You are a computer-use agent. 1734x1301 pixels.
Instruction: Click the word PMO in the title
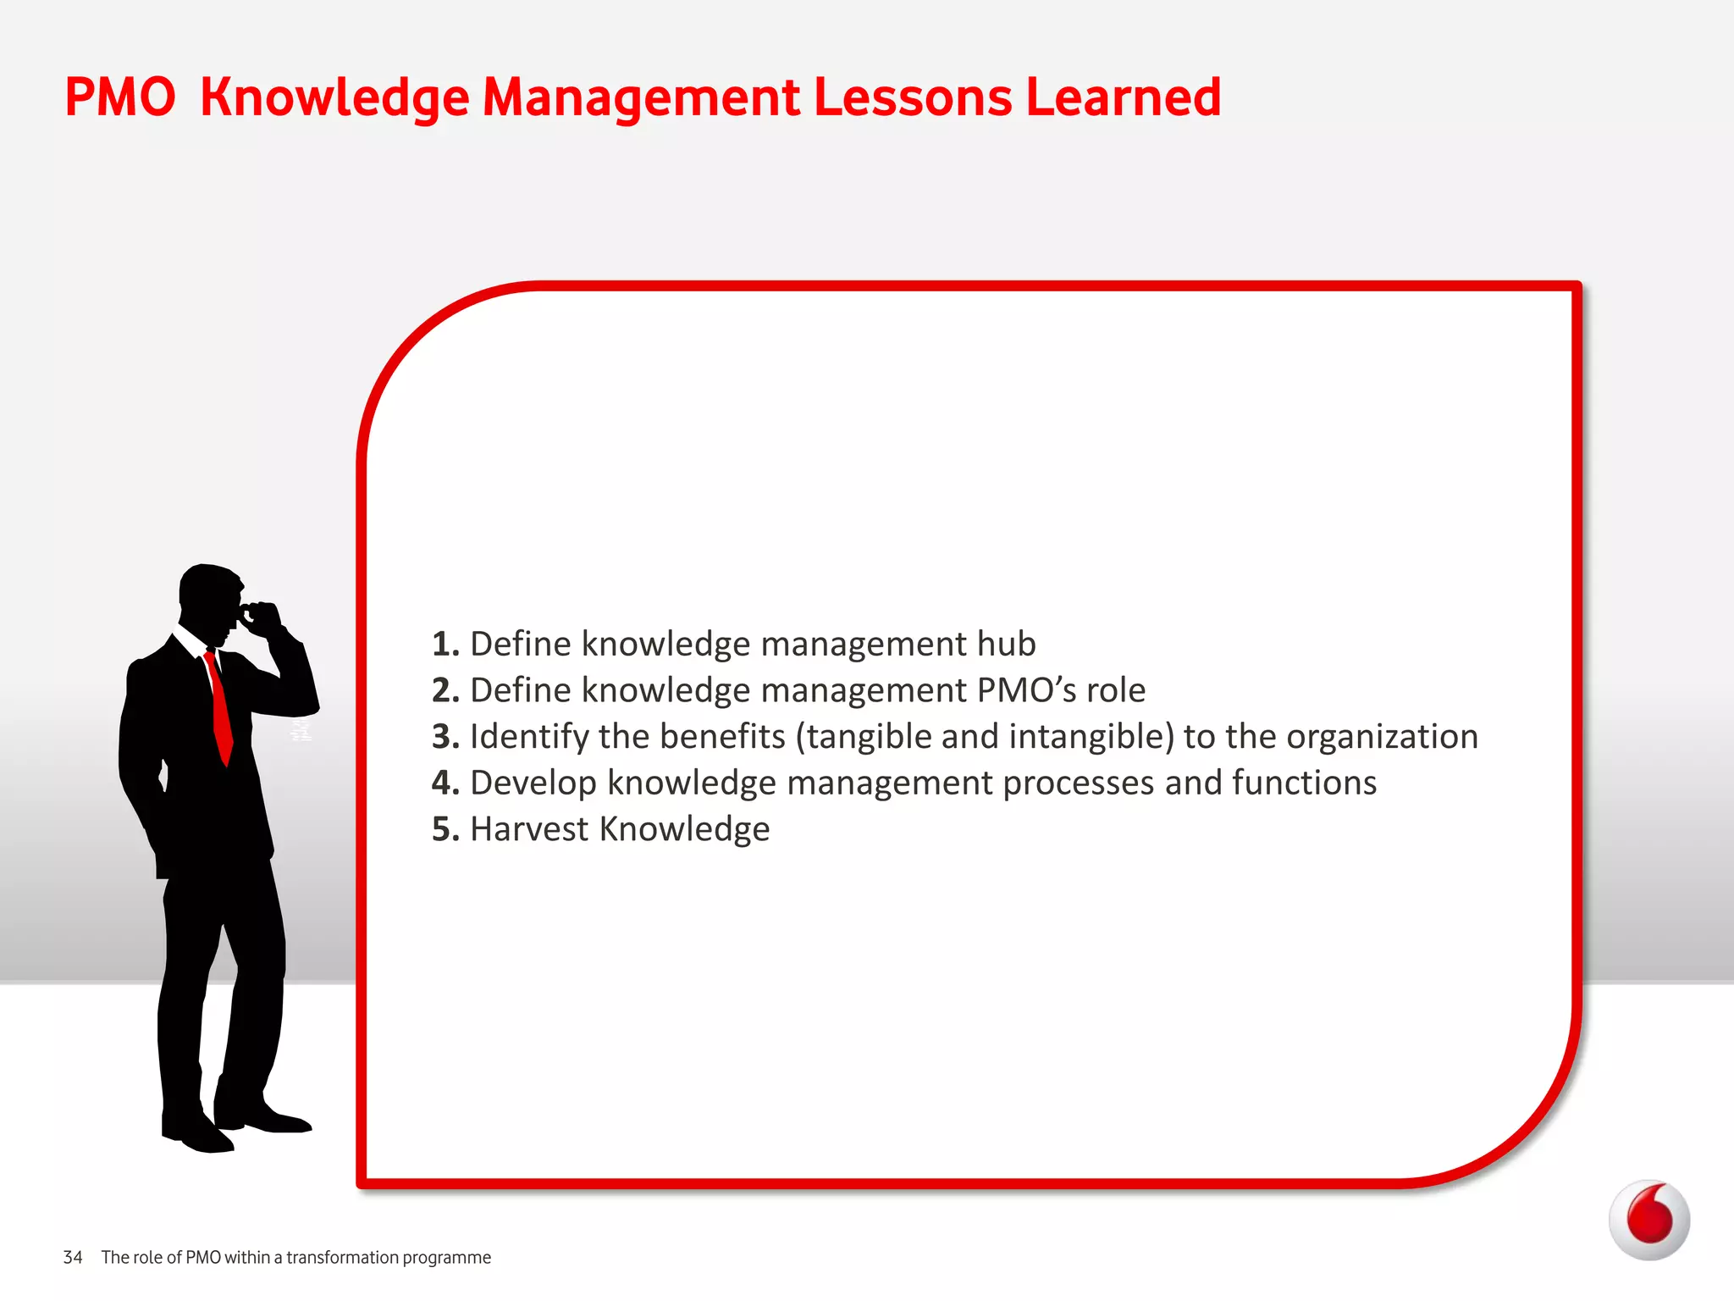point(119,97)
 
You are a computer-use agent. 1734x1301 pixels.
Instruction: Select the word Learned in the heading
point(1123,97)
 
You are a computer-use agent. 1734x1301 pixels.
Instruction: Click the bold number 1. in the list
point(445,645)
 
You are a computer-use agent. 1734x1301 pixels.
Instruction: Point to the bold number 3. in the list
point(445,737)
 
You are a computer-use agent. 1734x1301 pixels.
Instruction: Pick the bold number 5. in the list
point(445,829)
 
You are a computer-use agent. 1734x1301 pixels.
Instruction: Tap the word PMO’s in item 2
point(1026,690)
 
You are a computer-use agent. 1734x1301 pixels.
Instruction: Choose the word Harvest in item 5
point(529,829)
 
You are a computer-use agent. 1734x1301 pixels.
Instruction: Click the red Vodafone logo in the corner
point(1648,1220)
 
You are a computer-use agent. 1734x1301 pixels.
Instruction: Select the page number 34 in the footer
point(73,1258)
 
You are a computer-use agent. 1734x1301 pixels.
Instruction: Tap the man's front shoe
point(269,1120)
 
